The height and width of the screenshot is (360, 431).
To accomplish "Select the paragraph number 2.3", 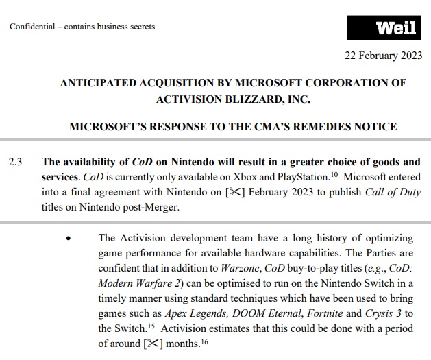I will (x=15, y=163).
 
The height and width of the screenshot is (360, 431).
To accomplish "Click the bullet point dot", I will (x=67, y=239).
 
